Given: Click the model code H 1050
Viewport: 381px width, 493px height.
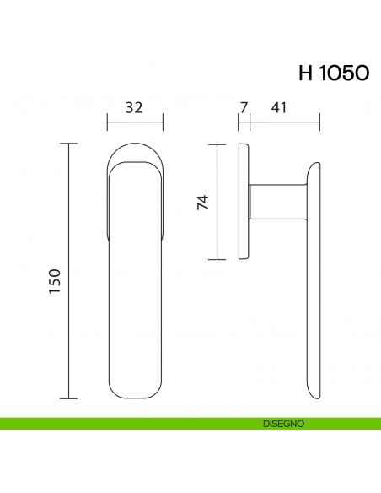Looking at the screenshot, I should (x=333, y=73).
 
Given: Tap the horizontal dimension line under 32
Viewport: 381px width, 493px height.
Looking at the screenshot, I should (x=133, y=123).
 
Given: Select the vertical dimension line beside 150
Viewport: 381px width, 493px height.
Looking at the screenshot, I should (x=68, y=270).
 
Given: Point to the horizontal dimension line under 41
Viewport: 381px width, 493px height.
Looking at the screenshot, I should (x=285, y=123).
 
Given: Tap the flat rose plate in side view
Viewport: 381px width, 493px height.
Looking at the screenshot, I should (x=244, y=202).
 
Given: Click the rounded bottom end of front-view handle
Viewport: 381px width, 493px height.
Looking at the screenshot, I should (x=135, y=393).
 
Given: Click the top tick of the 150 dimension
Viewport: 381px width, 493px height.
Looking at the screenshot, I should (x=68, y=144).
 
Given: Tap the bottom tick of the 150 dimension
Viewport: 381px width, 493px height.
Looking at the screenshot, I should (x=68, y=397).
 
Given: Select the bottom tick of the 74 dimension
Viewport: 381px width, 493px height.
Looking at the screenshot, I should (x=217, y=259).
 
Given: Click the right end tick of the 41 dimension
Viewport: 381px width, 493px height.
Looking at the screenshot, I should (x=320, y=123).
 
